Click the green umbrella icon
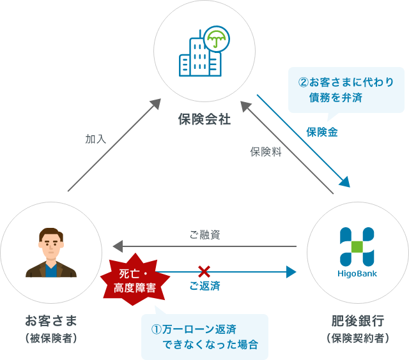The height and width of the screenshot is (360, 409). coord(217,41)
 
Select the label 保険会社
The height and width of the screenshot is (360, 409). coord(204,119)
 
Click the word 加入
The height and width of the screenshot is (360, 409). coord(96,138)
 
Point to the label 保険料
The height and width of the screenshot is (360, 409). coord(266,153)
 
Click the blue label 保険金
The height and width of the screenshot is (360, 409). coord(321,132)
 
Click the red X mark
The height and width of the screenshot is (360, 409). coord(204,271)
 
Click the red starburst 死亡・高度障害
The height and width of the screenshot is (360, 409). coord(134,281)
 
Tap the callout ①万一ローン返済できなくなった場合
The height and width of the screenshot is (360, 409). coord(204,336)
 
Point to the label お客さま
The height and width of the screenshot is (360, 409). coord(51,319)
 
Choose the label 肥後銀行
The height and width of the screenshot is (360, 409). coord(357,319)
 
